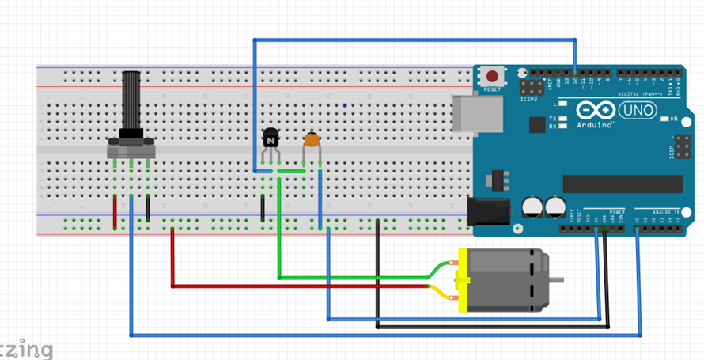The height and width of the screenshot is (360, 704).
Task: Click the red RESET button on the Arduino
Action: (x=492, y=77)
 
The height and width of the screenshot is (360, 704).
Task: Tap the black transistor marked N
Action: (x=271, y=139)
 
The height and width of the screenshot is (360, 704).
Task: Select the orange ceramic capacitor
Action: (x=312, y=140)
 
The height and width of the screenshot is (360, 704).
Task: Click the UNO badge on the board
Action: (x=637, y=110)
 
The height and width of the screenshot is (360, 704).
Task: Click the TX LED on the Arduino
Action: (x=562, y=119)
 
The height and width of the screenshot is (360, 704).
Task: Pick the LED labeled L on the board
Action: (x=562, y=104)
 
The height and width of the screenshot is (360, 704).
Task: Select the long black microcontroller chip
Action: (x=622, y=184)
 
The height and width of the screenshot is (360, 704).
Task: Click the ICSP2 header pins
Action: (x=531, y=86)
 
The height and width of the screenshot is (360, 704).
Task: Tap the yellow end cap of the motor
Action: (x=457, y=280)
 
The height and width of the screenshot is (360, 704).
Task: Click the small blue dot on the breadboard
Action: (x=345, y=104)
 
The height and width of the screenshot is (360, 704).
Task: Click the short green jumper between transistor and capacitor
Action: (x=290, y=171)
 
